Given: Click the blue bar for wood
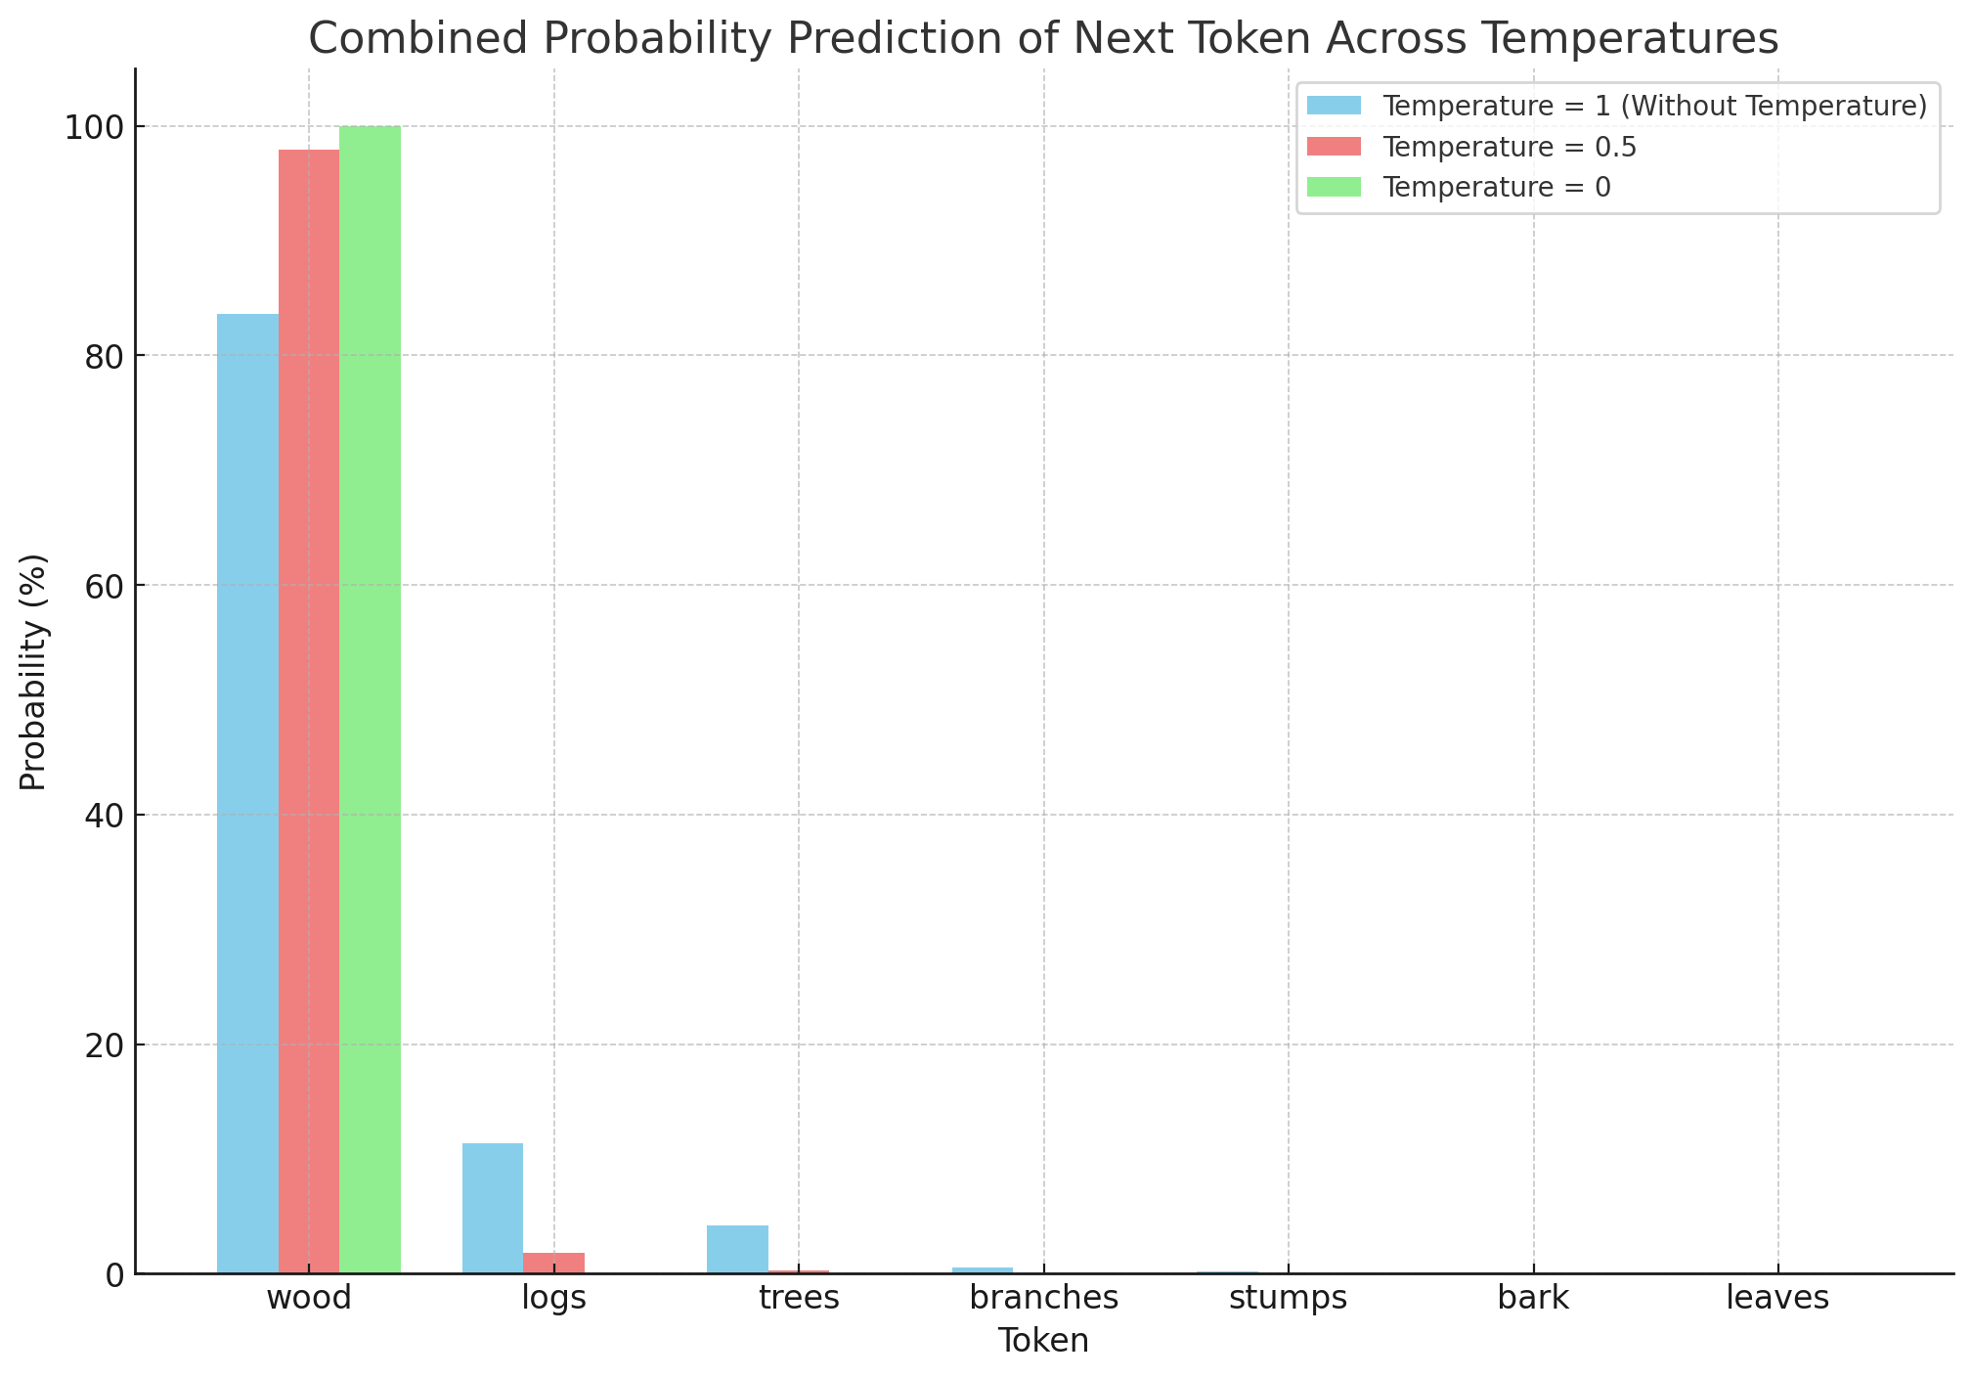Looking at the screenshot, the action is tap(248, 793).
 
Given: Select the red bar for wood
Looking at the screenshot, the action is tap(309, 711).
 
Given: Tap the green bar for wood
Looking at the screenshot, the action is tap(370, 699).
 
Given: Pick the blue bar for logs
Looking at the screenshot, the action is tap(493, 1208).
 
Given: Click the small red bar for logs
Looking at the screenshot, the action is tap(553, 1263).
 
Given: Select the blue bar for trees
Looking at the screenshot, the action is tap(737, 1249).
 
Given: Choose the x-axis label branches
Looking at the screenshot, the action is tap(1044, 1299).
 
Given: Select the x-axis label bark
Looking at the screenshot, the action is tap(1533, 1299).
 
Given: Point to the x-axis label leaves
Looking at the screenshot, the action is tap(1777, 1299).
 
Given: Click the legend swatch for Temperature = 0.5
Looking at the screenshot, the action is tap(1334, 147).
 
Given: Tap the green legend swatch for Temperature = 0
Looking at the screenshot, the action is tap(1334, 187).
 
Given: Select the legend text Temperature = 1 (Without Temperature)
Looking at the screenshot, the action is tap(1654, 107).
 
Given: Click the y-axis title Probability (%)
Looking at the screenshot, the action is tap(34, 672).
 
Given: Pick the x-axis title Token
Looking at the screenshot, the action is tap(1043, 1341).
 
